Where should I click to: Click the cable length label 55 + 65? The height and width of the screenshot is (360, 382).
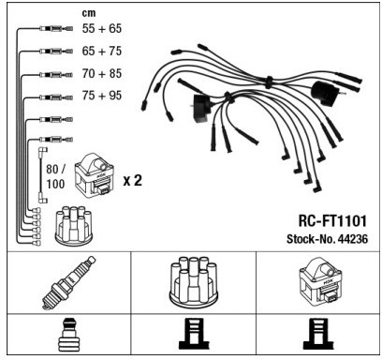102,28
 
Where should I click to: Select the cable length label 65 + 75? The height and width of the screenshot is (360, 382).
102,51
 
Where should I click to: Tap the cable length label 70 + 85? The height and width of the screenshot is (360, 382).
102,73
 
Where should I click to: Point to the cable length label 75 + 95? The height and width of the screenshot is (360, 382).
102,96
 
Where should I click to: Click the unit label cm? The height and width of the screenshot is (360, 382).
89,13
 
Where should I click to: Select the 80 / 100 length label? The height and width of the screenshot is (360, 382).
55,176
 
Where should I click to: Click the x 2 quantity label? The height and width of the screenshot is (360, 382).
133,181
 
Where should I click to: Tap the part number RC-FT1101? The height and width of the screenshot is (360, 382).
332,220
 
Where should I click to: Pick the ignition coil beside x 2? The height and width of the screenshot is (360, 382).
95,174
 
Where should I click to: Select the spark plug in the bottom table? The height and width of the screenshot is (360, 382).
68,283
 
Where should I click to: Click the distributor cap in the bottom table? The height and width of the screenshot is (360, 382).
193,281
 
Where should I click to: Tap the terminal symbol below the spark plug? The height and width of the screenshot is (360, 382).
68,335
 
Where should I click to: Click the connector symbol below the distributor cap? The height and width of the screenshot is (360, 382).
194,334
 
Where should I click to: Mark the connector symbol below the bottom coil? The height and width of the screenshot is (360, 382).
318,334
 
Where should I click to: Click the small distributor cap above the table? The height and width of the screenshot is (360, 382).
74,224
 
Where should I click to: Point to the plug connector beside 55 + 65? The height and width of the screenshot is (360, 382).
56,29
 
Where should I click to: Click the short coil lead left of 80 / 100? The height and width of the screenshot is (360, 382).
42,175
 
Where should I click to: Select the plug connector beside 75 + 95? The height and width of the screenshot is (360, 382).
56,97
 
